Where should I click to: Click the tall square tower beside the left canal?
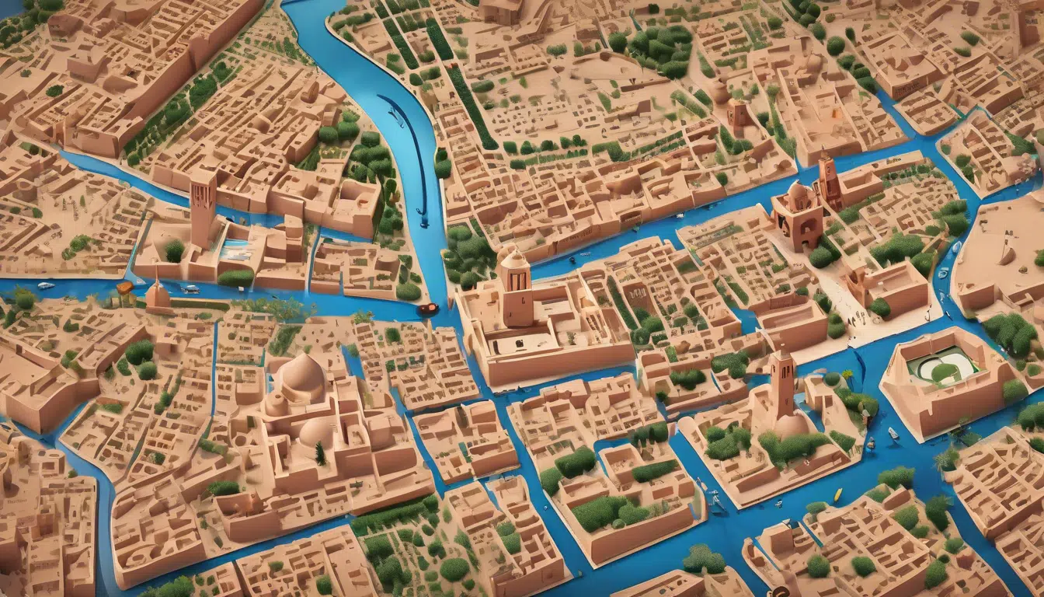(x=203, y=208)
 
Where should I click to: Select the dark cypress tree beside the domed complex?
(x=320, y=453)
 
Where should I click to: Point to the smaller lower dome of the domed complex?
(x=316, y=432)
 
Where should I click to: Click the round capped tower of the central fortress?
(x=515, y=288)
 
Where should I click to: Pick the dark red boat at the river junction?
(x=428, y=309)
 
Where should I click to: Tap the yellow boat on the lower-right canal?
(x=838, y=495)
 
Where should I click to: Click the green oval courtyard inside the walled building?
(x=943, y=367)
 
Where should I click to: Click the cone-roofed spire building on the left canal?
(x=157, y=295)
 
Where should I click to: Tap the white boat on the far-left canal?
(x=46, y=285)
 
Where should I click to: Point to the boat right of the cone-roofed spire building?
(x=190, y=289)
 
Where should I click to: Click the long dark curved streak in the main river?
(x=410, y=148)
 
